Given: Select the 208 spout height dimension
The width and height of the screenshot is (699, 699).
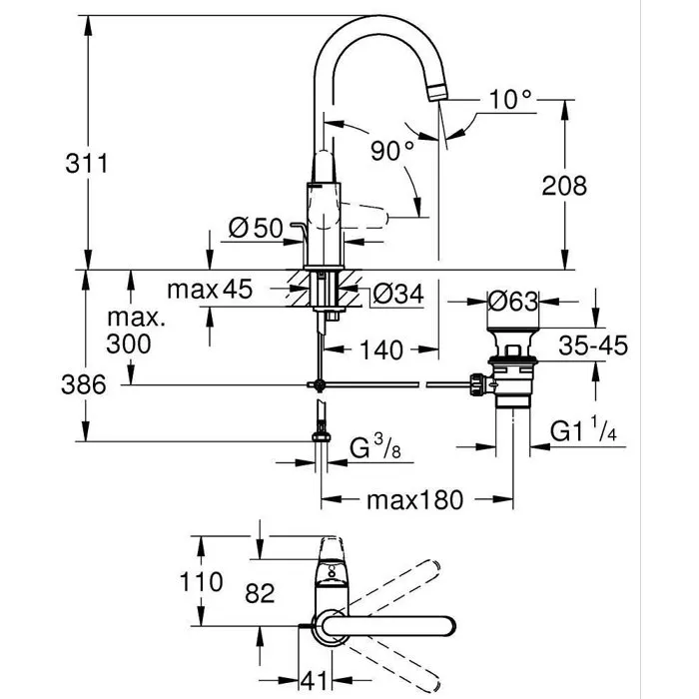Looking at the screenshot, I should coord(565,185).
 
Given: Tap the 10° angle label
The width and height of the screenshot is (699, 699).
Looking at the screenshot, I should coord(511,100).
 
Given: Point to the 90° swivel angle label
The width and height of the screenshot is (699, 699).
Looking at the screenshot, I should coord(391,151).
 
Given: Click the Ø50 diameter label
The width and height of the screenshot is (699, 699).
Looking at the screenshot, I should coord(255,229).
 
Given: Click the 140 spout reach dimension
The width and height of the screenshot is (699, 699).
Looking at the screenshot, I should coord(380,350).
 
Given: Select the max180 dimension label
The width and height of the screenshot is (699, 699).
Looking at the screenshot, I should coord(412,499).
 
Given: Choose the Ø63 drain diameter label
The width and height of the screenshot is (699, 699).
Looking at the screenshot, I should coord(513,300).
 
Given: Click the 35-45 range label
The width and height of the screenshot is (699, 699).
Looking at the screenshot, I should coord(592,347).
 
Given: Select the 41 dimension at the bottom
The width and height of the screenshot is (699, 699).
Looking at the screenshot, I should coord(316,681).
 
